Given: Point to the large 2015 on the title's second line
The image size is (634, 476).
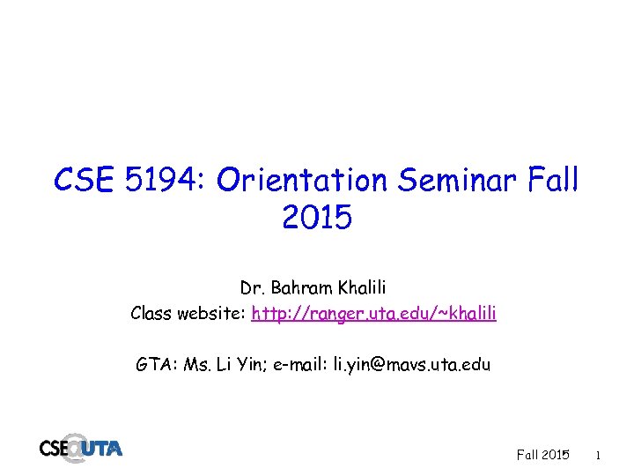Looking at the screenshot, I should pos(317,217).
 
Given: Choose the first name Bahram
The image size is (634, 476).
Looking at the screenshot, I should pos(299,288).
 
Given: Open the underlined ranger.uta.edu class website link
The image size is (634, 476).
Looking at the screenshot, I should pos(373,313).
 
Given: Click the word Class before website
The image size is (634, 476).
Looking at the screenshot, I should pos(151,313).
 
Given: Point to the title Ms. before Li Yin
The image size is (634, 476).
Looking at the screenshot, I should pos(199,364).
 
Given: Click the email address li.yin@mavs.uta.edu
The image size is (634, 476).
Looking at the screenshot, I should pos(411,364).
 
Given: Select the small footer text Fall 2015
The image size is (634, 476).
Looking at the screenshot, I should pos(542,456).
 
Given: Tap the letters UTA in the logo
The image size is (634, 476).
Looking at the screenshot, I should pos(103,449).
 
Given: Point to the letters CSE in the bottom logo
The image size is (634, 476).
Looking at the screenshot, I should pos(54,449).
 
